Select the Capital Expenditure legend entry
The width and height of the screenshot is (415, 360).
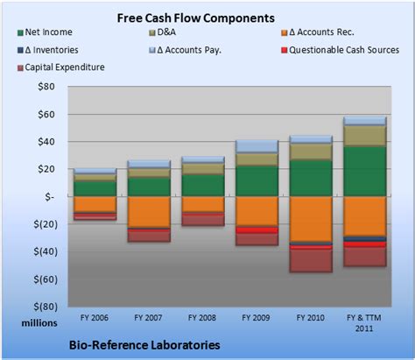click(x=65, y=66)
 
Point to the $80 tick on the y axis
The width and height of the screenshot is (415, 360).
click(x=43, y=87)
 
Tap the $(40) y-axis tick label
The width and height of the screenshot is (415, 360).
click(x=41, y=251)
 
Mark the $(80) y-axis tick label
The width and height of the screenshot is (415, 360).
click(x=41, y=306)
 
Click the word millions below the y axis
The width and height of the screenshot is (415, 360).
click(x=39, y=323)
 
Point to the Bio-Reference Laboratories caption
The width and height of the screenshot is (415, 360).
click(x=144, y=345)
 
